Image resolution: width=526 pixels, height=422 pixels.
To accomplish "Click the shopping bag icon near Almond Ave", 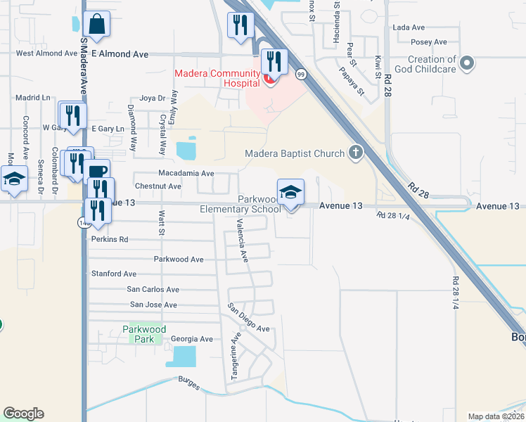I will [x=96, y=23].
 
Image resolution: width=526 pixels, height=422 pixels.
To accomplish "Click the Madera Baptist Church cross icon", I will [x=356, y=153].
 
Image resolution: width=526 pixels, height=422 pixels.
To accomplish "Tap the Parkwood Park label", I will [x=144, y=334].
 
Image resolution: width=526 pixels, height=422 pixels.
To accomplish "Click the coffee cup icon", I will [x=98, y=172].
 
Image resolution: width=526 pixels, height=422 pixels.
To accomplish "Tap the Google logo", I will [x=23, y=414].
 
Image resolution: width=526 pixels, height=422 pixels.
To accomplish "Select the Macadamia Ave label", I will [x=186, y=173].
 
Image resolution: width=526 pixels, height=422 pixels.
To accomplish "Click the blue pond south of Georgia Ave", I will [x=181, y=356].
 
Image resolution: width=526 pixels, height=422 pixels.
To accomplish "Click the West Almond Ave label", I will [x=46, y=53].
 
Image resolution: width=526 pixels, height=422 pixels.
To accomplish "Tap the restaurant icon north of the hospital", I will [x=240, y=25].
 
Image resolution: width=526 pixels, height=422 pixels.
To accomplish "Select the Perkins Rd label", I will [x=110, y=239].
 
